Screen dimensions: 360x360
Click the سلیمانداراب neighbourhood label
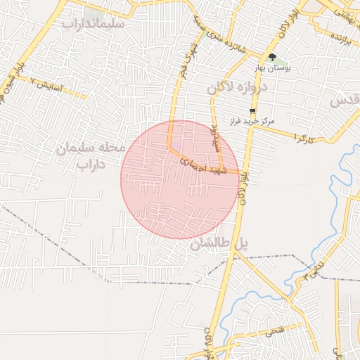[x=94, y=23]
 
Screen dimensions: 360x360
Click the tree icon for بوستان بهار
[x=272, y=58]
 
